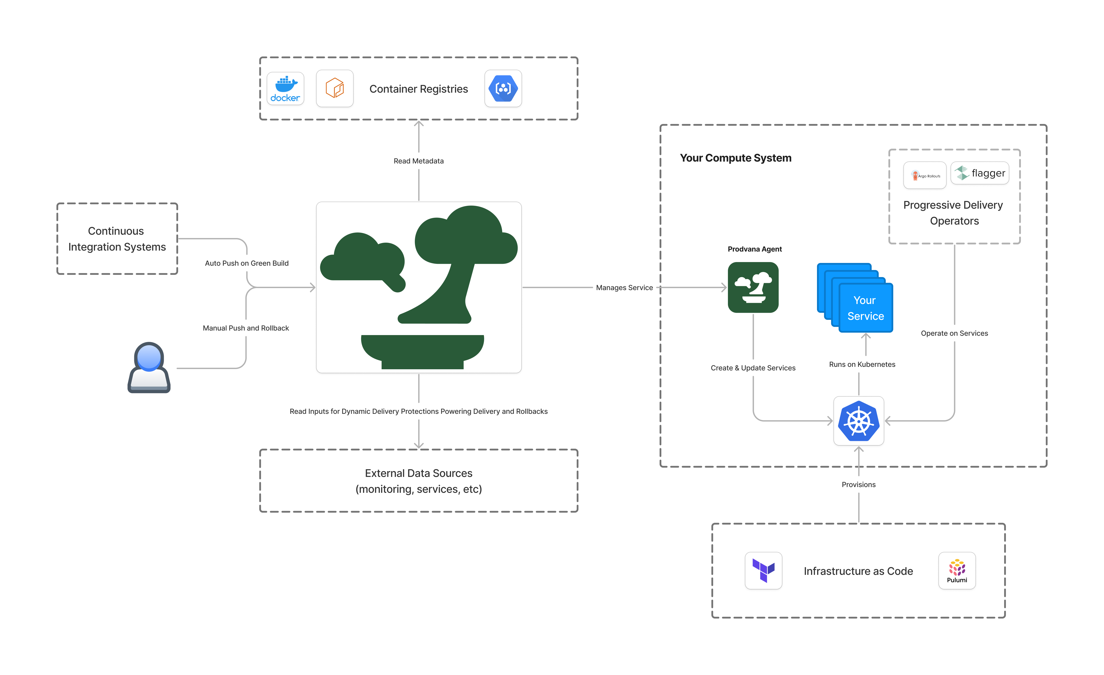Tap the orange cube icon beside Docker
pyautogui.click(x=335, y=88)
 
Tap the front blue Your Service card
pyautogui.click(x=866, y=308)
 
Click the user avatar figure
pyautogui.click(x=149, y=367)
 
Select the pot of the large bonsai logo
pyautogui.click(x=422, y=352)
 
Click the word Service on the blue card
pyautogui.click(x=866, y=317)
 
